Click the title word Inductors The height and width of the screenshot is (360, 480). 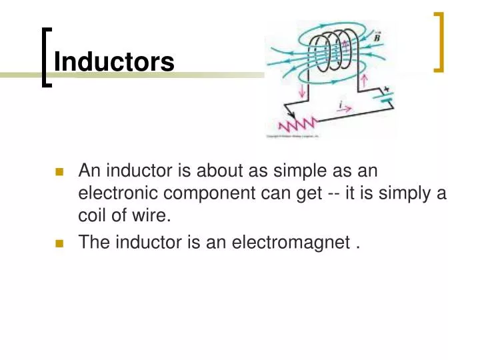tap(114, 62)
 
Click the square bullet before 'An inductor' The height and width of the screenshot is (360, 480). tap(59, 172)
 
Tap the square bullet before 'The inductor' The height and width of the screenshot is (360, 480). tap(59, 243)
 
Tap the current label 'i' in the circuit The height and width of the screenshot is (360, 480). tap(341, 104)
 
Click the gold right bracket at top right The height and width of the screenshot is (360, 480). tap(440, 41)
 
